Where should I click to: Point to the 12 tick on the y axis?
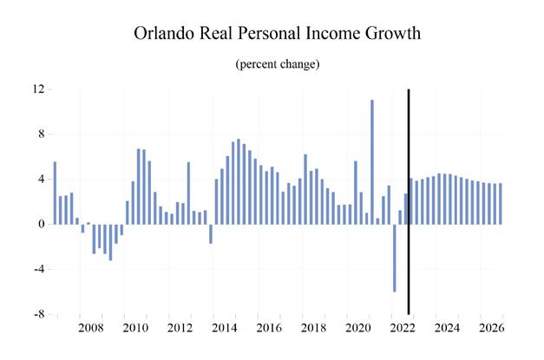[x=38, y=89]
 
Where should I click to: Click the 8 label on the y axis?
[x=41, y=134]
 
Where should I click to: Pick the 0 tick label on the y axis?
[x=41, y=225]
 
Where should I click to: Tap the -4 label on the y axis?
[x=38, y=269]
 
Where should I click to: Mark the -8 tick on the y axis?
[x=38, y=314]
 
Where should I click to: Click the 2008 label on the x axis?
[x=91, y=329]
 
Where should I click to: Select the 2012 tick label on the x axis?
[x=180, y=329]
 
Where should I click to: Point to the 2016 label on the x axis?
[x=270, y=329]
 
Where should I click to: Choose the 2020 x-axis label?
[x=359, y=329]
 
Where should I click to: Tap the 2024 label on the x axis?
[x=449, y=329]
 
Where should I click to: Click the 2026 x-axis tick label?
[x=493, y=329]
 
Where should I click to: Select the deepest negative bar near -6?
[x=395, y=258]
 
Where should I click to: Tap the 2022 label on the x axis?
[x=403, y=329]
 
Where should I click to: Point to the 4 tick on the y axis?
[x=41, y=180]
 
